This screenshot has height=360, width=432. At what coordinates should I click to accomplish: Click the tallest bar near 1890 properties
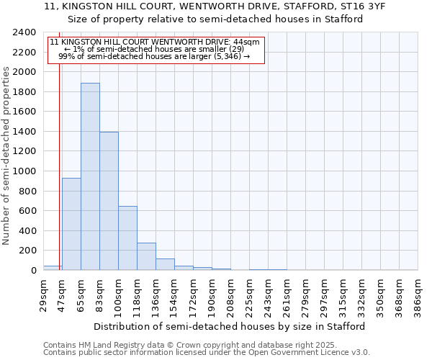pyautogui.click(x=90, y=176)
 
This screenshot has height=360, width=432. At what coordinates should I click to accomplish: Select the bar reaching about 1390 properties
pyautogui.click(x=109, y=201)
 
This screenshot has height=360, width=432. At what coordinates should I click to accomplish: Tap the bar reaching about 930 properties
pyautogui.click(x=71, y=224)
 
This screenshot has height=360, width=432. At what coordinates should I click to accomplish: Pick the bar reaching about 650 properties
pyautogui.click(x=127, y=238)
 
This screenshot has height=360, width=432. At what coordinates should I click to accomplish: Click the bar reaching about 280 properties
pyautogui.click(x=146, y=256)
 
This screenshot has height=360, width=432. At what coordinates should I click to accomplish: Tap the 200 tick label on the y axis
pyautogui.click(x=28, y=251)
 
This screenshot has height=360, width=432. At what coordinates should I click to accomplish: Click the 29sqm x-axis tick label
pyautogui.click(x=44, y=294)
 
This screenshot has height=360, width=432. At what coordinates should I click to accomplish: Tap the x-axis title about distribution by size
pyautogui.click(x=230, y=326)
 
